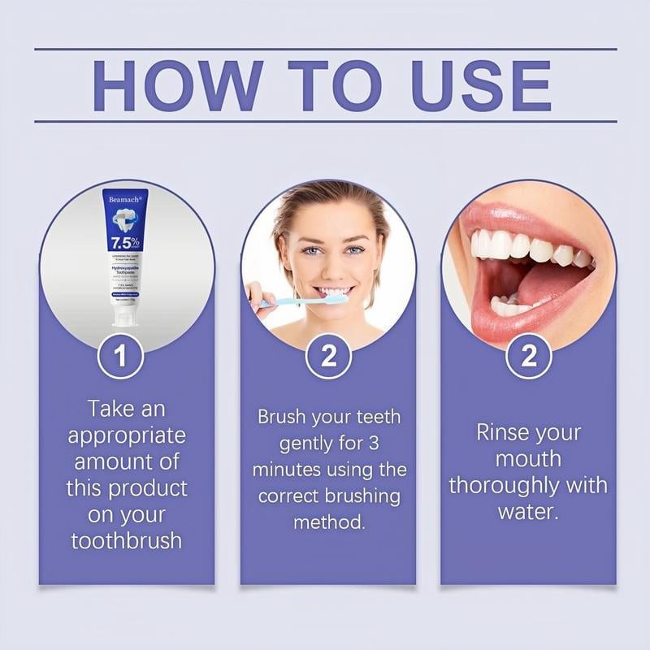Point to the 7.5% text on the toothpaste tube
(123, 242)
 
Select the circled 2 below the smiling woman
(328, 357)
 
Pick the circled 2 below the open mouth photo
(529, 357)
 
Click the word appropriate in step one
(127, 435)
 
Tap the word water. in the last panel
(529, 512)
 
